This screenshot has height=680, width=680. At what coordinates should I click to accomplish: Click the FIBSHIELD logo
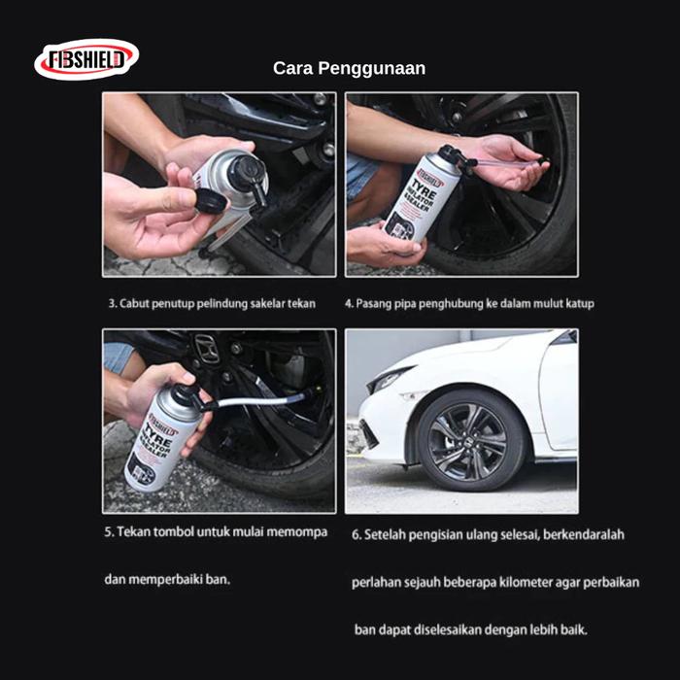[86, 59]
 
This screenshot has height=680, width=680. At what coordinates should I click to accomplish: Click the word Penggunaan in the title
[372, 69]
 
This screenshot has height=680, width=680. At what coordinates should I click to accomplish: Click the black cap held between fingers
[211, 200]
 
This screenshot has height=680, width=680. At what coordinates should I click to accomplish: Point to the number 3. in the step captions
[113, 303]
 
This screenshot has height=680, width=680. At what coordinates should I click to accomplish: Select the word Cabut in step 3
[134, 303]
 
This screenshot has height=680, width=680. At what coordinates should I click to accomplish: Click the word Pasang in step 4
[373, 303]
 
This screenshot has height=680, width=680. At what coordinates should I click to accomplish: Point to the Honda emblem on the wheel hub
[207, 349]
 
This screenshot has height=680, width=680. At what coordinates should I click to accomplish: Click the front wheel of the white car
[471, 441]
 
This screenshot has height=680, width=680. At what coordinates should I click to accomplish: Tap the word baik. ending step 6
[575, 629]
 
